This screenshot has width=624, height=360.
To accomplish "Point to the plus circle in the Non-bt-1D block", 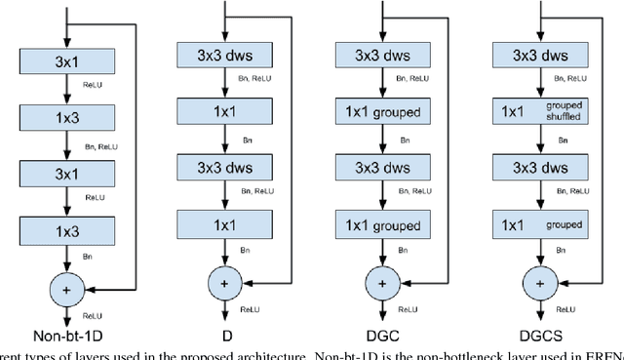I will click(65, 289).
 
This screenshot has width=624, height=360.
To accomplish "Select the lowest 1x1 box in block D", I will click(225, 225).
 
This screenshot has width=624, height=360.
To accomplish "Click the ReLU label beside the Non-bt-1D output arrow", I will click(92, 317).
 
